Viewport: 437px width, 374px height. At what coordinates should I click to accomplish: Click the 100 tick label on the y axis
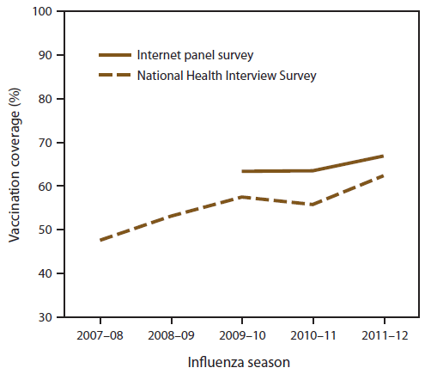coord(40,11)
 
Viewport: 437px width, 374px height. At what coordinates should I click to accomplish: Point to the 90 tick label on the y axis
coord(43,55)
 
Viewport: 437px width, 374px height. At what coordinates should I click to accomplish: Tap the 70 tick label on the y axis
coord(43,143)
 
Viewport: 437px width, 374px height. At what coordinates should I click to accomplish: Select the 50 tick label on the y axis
coord(43,230)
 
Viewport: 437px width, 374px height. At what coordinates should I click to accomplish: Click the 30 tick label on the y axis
coord(43,317)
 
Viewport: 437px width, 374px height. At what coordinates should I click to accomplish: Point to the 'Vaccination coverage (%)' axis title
coord(15,164)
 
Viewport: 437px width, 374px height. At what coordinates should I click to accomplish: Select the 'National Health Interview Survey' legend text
coord(227,76)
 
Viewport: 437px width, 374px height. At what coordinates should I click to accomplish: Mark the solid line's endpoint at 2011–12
coord(383,156)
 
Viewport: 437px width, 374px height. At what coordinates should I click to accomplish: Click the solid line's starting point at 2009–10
coord(242,171)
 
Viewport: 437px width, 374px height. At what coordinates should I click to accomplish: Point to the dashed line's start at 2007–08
coord(100,240)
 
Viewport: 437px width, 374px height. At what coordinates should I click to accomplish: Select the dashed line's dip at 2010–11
coord(313,205)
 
